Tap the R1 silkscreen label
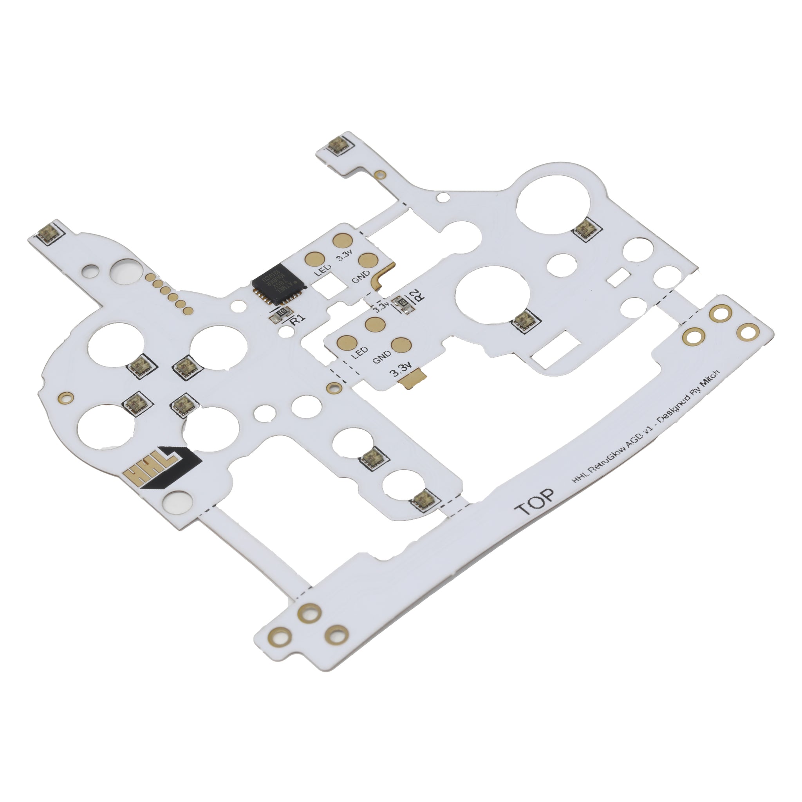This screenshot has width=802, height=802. [x=298, y=319]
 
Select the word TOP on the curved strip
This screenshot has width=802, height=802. [x=534, y=504]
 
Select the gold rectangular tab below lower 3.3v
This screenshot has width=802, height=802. [x=412, y=376]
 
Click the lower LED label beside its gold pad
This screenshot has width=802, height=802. [x=359, y=353]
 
